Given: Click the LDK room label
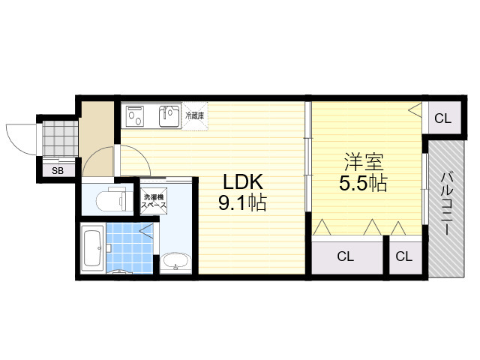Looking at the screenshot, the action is (243, 181).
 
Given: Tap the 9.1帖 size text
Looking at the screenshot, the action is (242, 202).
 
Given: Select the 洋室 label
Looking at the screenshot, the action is (364, 162).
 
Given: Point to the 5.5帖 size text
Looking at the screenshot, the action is (363, 183).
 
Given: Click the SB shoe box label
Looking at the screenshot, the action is (58, 170).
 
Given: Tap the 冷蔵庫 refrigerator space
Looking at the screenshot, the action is (195, 116).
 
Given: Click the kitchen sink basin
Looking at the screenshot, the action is (169, 116).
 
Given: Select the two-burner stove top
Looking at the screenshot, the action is (135, 115).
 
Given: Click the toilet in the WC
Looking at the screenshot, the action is (111, 199).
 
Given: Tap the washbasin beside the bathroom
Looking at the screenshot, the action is (175, 262).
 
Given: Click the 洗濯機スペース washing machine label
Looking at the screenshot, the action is (153, 201).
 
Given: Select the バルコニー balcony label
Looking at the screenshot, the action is (445, 204).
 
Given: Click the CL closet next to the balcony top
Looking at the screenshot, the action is (443, 118).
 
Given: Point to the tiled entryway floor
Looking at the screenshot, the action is (60, 138).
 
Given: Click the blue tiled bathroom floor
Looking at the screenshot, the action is (130, 248).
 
